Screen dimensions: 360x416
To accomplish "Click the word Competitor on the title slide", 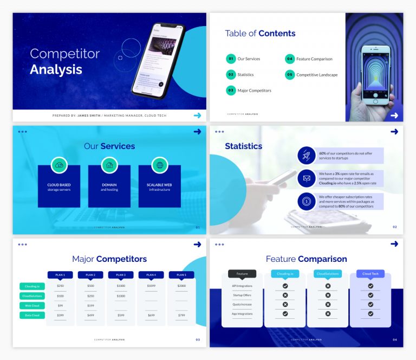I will (x=65, y=54).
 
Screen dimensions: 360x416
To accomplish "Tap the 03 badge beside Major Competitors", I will (x=231, y=91).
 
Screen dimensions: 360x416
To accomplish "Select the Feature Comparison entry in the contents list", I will (x=314, y=59).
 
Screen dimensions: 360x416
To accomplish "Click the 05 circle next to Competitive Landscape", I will (x=290, y=75).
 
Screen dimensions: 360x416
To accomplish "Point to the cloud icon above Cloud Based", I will (x=59, y=165).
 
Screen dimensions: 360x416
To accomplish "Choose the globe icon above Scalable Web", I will (x=160, y=165).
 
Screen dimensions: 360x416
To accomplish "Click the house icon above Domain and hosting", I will (x=109, y=165).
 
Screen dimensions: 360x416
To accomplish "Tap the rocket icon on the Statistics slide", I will (x=307, y=156).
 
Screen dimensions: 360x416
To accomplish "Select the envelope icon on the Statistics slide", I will (x=307, y=178).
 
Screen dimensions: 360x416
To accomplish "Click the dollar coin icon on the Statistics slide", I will (x=307, y=201).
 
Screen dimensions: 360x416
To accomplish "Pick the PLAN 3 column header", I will (x=121, y=275).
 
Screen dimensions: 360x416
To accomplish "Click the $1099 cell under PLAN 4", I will (x=151, y=286).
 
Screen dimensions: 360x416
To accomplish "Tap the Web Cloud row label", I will (x=32, y=306).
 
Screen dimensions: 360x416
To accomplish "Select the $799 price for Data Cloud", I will (x=181, y=316).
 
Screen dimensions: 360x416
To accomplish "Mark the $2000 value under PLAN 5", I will (x=181, y=286).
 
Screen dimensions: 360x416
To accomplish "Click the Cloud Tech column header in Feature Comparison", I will (x=370, y=274).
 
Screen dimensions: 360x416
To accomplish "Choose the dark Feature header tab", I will (x=242, y=274).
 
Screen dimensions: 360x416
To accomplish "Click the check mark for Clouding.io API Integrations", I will (x=285, y=286).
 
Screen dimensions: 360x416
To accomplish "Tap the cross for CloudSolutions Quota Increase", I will (x=328, y=304).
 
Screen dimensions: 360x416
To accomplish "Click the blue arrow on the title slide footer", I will (x=197, y=115).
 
